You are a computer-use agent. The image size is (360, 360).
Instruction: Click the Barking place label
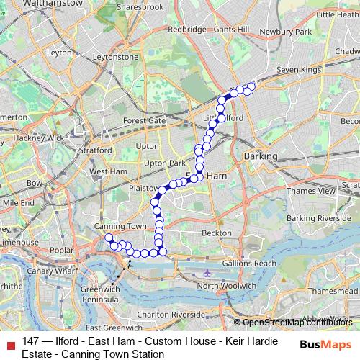click(x=260, y=156)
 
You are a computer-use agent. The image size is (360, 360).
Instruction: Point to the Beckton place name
click(x=217, y=233)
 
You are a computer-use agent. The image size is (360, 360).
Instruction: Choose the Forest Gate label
click(x=144, y=120)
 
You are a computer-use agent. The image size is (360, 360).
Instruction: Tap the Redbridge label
click(x=186, y=30)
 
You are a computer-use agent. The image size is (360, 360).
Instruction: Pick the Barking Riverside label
click(x=319, y=217)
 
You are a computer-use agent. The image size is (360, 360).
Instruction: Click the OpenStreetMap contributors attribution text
click(x=298, y=322)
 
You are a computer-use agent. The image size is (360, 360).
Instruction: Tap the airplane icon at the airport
click(x=207, y=273)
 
